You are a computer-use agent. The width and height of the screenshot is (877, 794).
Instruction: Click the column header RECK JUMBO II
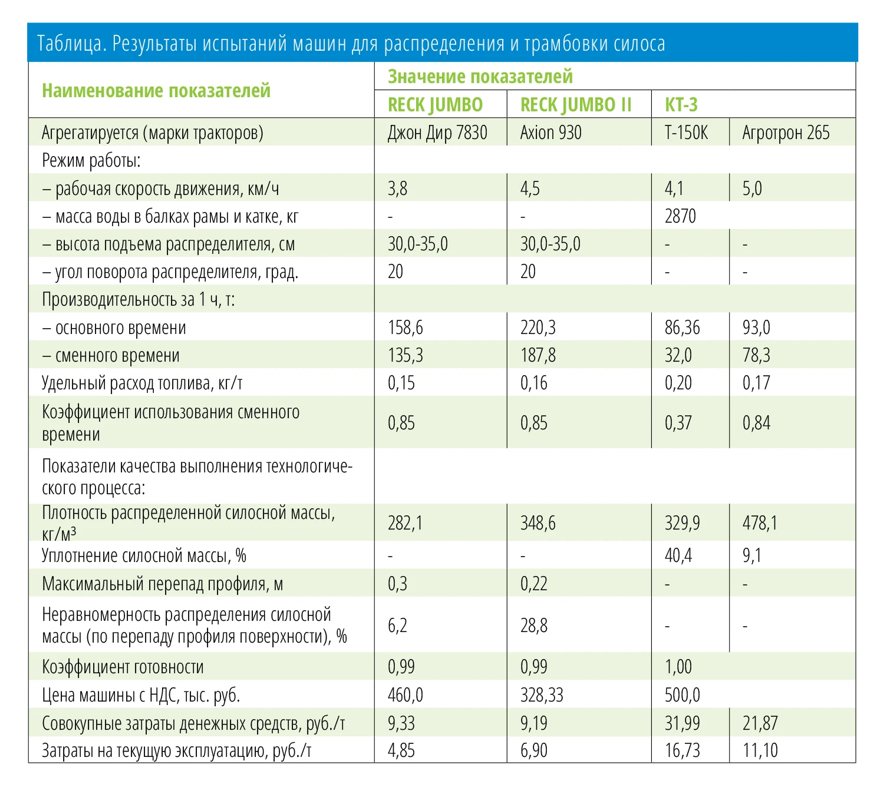coord(575,105)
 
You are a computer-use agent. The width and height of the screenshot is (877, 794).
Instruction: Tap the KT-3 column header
coord(681,105)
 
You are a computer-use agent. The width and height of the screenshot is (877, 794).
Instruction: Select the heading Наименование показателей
coord(156,91)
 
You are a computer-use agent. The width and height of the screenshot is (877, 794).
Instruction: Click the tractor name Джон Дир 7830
coord(437,133)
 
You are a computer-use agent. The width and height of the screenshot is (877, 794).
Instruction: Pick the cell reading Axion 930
coord(550,133)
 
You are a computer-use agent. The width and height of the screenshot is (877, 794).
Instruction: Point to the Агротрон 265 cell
coord(785,133)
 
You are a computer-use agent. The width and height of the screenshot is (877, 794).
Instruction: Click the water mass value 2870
coord(680,216)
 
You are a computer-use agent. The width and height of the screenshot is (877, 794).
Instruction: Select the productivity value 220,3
coord(538,327)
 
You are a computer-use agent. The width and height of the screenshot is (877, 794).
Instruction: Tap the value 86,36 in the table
coord(682,327)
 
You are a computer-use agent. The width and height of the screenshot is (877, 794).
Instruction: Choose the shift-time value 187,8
coord(538,355)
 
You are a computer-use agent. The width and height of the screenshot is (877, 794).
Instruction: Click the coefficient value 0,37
coord(678,422)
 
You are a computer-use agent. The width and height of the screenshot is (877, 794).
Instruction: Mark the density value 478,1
coord(759,522)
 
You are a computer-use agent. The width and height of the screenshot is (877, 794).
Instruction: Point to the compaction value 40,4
coord(678,555)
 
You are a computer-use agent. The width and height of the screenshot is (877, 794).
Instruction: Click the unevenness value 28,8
coord(533,626)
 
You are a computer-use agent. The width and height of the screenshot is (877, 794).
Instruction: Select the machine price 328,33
coord(541,695)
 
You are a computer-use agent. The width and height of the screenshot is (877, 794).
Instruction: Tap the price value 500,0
coord(682,695)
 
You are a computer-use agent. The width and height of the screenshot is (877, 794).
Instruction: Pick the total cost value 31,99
coord(682,723)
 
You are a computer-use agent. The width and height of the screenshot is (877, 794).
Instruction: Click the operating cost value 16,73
coord(682,751)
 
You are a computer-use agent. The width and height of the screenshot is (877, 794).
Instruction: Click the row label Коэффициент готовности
coord(123,667)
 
